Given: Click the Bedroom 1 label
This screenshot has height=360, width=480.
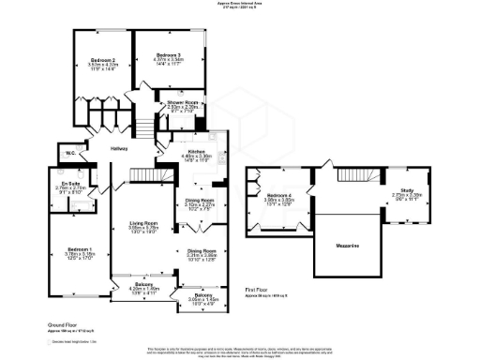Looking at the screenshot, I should (70, 248).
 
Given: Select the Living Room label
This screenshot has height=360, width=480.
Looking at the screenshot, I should (143, 223).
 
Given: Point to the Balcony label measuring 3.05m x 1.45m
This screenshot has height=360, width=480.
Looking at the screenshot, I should (200, 294).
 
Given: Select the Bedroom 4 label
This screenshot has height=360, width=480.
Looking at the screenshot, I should (278, 195).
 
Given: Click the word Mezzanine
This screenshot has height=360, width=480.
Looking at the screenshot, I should (348, 245).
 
